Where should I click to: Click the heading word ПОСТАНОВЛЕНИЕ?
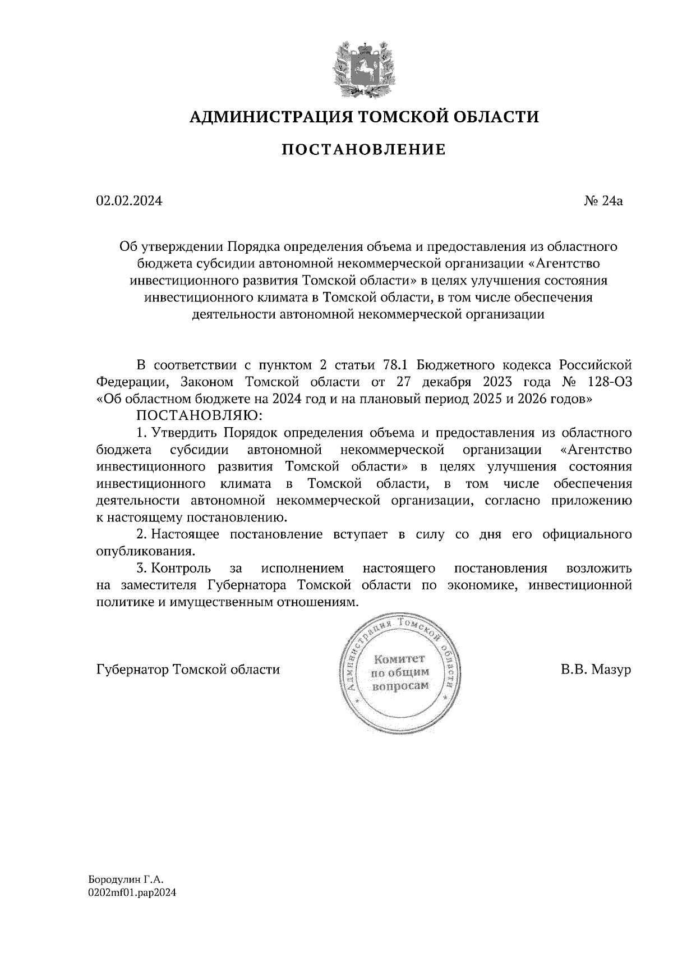coord(363,149)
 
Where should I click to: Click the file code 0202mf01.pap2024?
coord(132,892)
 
